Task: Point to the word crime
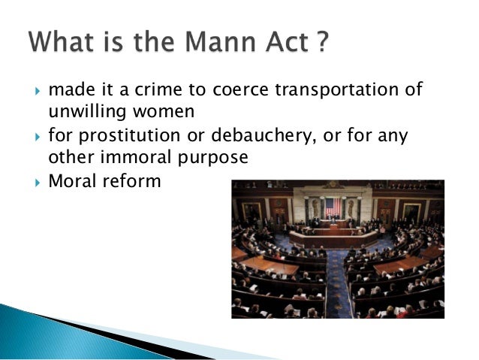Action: point(159,91)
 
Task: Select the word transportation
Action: point(335,91)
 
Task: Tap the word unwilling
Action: point(81,112)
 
